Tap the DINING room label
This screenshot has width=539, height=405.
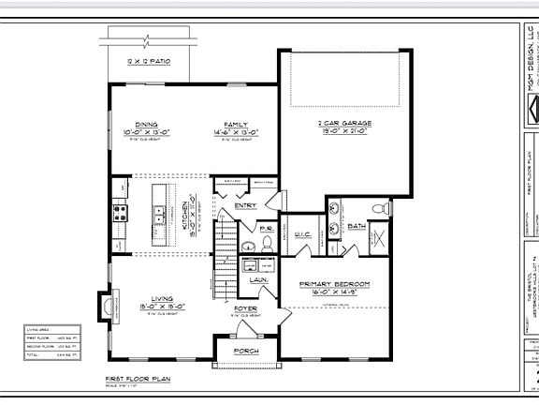(x=145, y=124)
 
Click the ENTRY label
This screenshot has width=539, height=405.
(x=245, y=205)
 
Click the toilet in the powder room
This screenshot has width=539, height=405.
(x=266, y=243)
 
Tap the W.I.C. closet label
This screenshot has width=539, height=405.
(x=302, y=235)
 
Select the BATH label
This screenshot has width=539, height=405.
(x=357, y=226)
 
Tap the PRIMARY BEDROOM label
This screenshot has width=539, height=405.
(x=334, y=283)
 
